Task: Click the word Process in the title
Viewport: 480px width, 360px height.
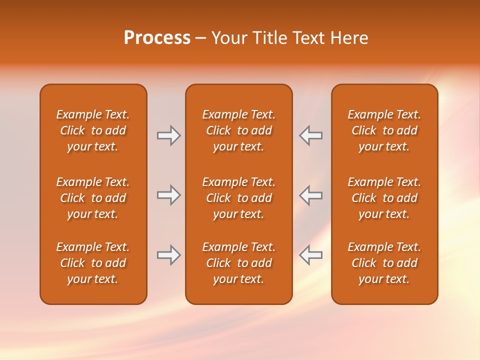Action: point(157,38)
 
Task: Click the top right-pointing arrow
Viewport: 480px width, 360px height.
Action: point(168,135)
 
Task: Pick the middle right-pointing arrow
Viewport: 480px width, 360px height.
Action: point(168,195)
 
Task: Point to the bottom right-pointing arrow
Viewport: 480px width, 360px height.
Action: point(168,255)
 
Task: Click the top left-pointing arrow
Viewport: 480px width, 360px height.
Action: point(311,135)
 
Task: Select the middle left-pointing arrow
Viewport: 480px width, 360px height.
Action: point(311,195)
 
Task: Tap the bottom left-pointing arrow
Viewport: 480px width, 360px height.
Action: point(311,255)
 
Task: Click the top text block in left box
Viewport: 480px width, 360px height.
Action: point(93,130)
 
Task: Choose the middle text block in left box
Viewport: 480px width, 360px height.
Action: point(93,198)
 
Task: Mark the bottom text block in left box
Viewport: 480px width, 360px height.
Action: point(93,263)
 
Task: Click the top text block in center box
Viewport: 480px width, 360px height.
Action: point(238,130)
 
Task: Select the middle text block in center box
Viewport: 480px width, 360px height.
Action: point(238,198)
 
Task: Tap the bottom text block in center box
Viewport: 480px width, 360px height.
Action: point(238,263)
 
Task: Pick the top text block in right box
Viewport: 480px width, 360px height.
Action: point(384,130)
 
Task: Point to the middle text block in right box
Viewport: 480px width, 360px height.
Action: point(384,198)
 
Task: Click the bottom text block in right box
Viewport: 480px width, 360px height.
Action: point(384,263)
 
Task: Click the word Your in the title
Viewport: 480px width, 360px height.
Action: point(229,38)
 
